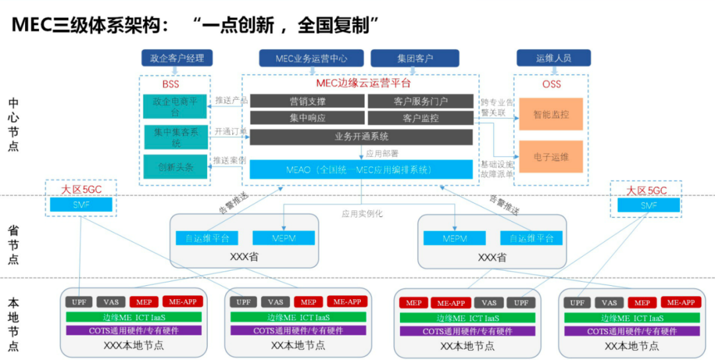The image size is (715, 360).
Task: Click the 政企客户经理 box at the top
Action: [x=177, y=58]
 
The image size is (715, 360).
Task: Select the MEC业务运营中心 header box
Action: [x=310, y=58]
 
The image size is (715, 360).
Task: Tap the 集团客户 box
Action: [x=415, y=58]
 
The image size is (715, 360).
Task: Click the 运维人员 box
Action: [x=553, y=58]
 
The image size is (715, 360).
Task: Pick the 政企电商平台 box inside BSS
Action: [x=175, y=107]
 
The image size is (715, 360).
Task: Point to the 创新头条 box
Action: [x=175, y=167]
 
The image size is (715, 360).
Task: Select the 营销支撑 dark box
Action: [x=307, y=101]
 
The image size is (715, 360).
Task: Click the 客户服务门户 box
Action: [x=420, y=101]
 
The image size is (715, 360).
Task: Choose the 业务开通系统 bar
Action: [x=361, y=137]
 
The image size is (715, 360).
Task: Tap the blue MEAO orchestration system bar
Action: [x=361, y=170]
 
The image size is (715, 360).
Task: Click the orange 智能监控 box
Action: [x=551, y=115]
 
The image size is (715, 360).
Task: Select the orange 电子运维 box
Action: [x=551, y=157]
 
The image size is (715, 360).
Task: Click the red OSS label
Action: [x=551, y=84]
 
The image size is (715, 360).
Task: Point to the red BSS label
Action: [x=171, y=84]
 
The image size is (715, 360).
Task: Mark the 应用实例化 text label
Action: [x=362, y=214]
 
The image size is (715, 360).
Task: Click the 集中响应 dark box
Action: [x=307, y=118]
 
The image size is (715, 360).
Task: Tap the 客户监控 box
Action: [x=420, y=118]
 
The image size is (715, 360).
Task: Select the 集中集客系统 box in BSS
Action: [x=175, y=137]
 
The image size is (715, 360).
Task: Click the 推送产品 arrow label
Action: [x=230, y=101]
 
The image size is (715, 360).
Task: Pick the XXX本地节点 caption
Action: [x=134, y=345]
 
